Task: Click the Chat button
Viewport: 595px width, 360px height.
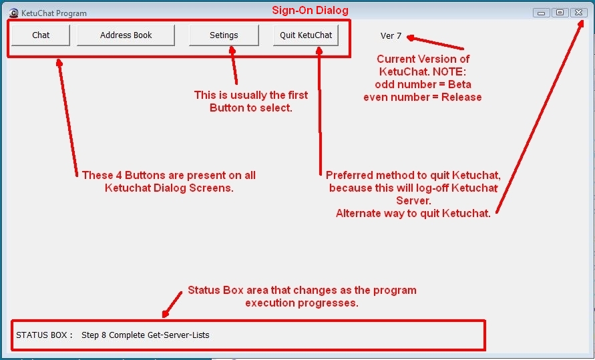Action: click(x=41, y=35)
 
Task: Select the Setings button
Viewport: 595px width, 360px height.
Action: click(x=224, y=35)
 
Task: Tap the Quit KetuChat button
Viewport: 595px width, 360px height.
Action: click(x=306, y=35)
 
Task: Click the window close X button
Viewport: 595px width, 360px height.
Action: click(x=579, y=13)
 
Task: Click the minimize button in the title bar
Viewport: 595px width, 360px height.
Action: click(x=542, y=13)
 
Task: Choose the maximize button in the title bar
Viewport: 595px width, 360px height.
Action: click(x=560, y=13)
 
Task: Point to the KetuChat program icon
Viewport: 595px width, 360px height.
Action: click(x=13, y=13)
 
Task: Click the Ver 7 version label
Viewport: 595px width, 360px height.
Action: click(x=391, y=35)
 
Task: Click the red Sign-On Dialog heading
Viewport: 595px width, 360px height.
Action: click(x=310, y=10)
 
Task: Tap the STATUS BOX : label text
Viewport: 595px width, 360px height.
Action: click(x=44, y=335)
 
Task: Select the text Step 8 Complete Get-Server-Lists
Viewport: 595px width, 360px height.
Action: click(x=146, y=335)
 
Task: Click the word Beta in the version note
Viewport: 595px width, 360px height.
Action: click(x=459, y=84)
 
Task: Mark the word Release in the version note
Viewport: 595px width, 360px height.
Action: click(x=461, y=97)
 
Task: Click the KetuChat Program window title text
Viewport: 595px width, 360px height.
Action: click(x=54, y=13)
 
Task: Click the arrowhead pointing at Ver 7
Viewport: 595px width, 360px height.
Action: click(x=411, y=37)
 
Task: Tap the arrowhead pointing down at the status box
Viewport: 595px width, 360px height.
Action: click(x=166, y=314)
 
